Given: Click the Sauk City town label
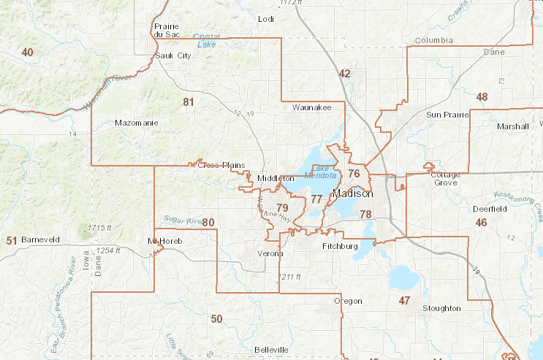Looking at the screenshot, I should click(174, 55).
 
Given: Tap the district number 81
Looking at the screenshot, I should click(189, 102).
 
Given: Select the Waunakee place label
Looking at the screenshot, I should click(311, 107).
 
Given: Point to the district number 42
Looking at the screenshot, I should click(345, 73).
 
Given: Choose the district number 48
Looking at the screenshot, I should click(482, 96).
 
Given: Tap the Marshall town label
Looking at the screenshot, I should click(512, 126).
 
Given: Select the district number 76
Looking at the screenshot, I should click(354, 173).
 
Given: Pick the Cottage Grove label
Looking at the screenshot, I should click(445, 178).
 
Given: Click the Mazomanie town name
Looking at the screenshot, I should click(137, 123).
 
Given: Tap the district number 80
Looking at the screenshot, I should click(208, 222).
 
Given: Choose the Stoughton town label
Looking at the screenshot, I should click(441, 308).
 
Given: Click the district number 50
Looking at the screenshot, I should click(216, 318).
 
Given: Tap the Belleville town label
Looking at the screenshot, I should click(270, 350).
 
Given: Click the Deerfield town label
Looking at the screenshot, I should click(490, 209).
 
